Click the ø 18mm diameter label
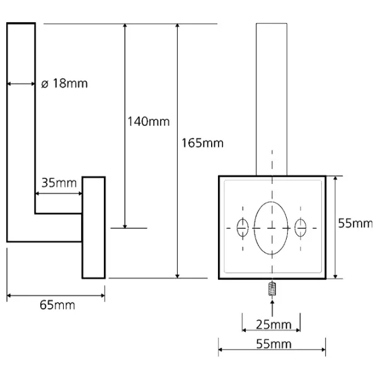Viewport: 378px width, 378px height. pos(64,83)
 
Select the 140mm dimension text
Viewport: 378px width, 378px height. pos(149,121)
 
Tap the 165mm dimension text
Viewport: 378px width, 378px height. pos(202,143)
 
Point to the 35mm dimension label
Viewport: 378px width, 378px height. pos(59,183)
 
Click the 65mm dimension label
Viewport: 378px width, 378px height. pos(57,305)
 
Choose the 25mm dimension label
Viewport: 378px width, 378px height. pos(273,324)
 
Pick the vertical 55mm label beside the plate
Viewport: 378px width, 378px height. pos(355,224)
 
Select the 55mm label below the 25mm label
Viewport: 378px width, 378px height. pos(273,344)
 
